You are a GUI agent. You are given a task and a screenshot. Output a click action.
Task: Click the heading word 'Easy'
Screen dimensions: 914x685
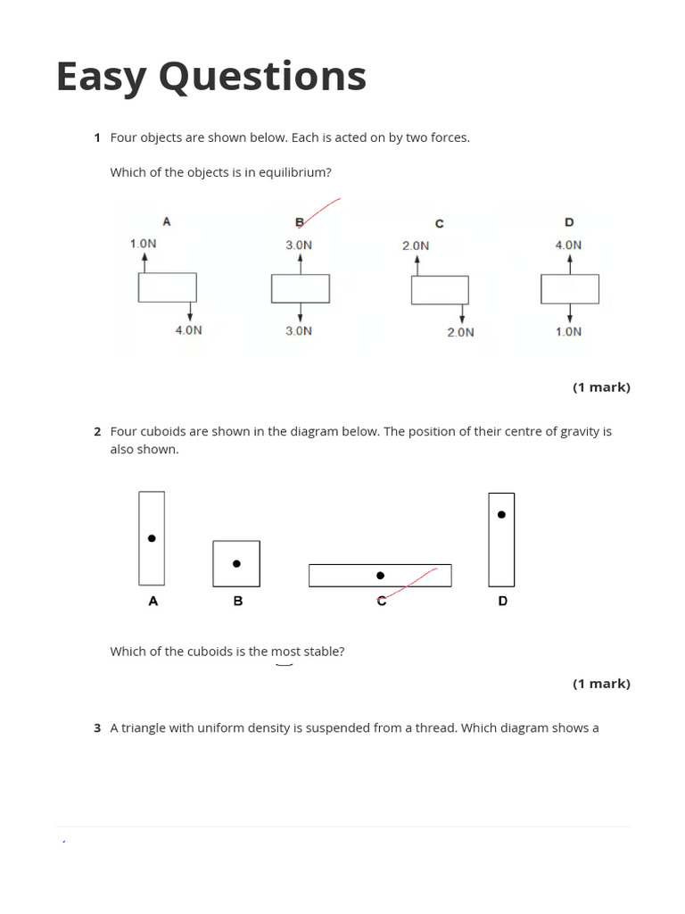click(101, 77)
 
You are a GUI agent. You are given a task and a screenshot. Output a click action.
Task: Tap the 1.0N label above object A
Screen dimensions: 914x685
click(144, 244)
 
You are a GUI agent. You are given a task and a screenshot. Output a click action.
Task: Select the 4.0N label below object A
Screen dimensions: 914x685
click(189, 330)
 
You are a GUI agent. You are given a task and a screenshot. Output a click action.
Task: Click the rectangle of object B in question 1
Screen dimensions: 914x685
click(301, 288)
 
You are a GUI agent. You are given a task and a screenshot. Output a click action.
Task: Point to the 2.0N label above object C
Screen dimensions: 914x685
click(416, 245)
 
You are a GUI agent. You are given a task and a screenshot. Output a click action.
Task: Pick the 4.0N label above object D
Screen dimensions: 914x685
click(568, 245)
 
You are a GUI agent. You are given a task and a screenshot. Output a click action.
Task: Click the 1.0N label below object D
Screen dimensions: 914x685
click(568, 332)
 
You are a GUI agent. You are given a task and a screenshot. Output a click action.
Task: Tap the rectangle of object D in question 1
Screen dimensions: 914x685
click(570, 288)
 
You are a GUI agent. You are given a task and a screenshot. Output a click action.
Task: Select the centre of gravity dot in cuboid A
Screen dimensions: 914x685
click(152, 538)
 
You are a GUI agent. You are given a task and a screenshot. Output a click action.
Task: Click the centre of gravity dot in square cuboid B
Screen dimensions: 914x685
click(236, 563)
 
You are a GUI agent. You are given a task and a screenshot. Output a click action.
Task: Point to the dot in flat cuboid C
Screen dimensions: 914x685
click(381, 576)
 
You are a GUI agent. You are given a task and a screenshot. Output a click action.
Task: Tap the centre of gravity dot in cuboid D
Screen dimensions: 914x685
click(501, 514)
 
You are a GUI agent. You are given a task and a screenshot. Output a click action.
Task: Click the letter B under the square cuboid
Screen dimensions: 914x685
click(238, 602)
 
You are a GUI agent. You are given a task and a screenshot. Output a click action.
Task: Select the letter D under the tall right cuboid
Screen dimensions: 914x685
click(503, 602)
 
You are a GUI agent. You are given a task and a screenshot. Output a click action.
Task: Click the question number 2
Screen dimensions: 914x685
click(97, 432)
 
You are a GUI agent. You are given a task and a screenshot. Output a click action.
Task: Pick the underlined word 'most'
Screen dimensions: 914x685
click(285, 652)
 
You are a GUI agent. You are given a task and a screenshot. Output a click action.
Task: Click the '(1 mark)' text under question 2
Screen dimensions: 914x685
click(601, 684)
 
